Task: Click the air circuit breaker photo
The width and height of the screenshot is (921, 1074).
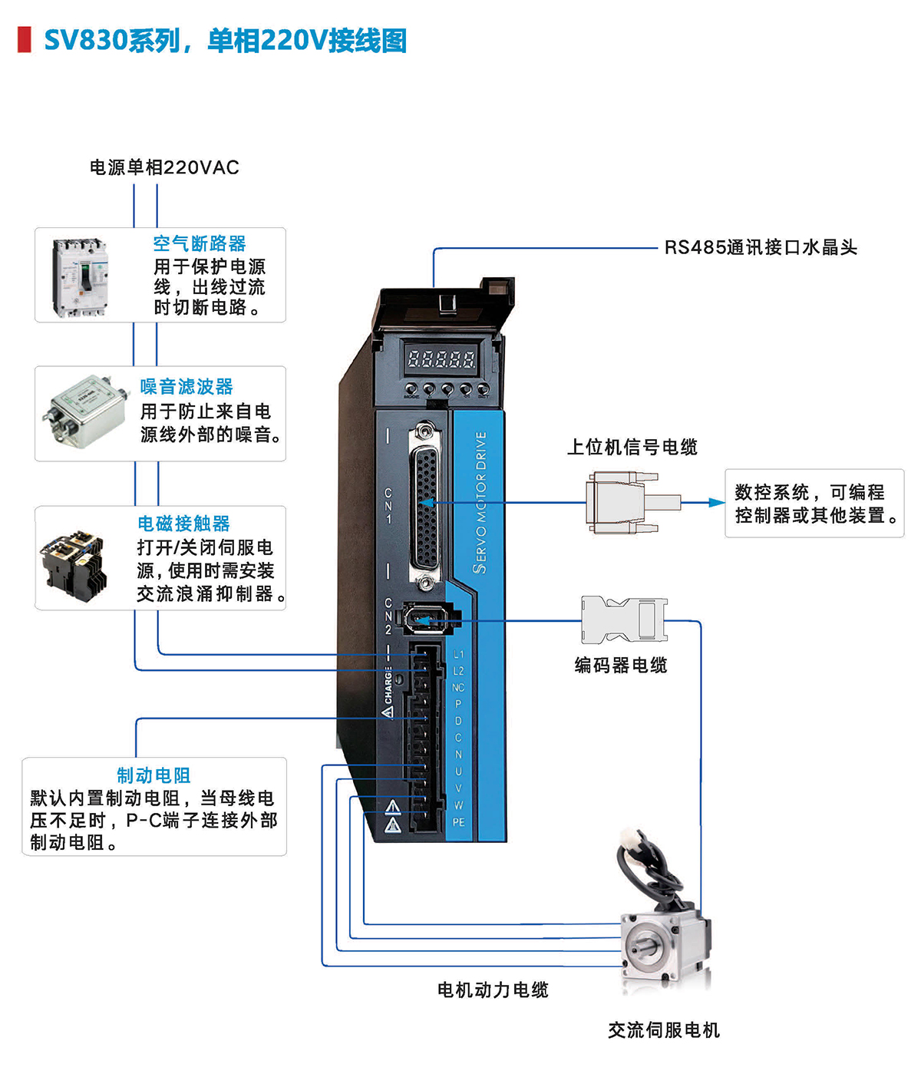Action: tap(80, 276)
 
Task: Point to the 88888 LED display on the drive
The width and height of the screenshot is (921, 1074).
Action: tap(441, 358)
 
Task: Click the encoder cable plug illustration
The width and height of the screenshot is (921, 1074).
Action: tap(622, 619)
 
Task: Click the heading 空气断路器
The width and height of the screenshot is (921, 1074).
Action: tap(200, 243)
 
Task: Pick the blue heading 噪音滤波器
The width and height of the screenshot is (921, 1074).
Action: tap(187, 386)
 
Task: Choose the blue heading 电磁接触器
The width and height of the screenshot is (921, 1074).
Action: tap(184, 524)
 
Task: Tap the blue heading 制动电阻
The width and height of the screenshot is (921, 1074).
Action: tap(153, 775)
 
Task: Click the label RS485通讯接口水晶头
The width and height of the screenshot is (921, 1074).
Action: tap(761, 247)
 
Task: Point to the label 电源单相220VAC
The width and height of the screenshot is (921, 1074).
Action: tap(164, 167)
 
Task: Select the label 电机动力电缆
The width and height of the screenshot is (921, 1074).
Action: tap(493, 990)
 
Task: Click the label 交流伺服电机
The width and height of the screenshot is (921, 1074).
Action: tap(664, 1030)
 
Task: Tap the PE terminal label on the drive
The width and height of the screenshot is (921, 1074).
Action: tap(458, 822)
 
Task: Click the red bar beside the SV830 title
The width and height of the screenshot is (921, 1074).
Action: tap(25, 40)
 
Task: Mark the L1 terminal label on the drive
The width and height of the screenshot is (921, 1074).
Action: tap(458, 654)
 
